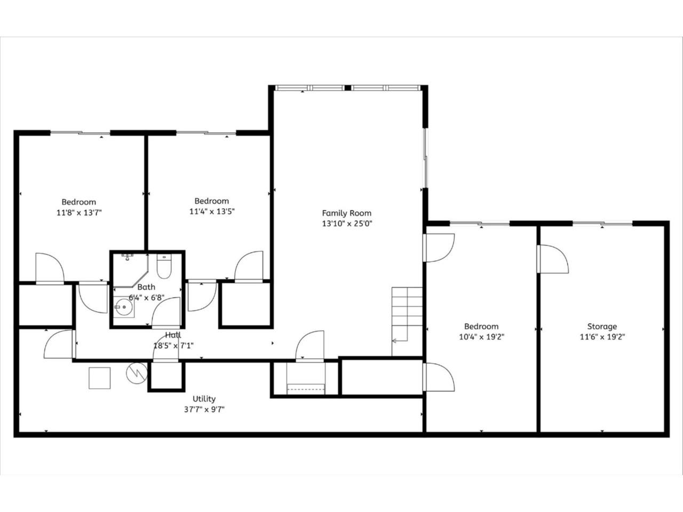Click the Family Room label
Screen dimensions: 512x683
click(346, 213)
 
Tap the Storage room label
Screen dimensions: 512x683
click(602, 326)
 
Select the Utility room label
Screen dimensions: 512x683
click(204, 399)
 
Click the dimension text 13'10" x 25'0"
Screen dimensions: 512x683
click(346, 224)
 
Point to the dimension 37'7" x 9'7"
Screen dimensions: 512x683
click(204, 410)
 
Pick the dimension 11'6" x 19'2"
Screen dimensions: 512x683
click(602, 337)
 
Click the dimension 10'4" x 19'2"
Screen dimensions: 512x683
click(481, 337)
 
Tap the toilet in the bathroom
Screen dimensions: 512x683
click(164, 265)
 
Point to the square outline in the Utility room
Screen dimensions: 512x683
click(99, 378)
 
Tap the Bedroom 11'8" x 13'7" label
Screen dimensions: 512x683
click(79, 202)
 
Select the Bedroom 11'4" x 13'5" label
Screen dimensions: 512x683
click(212, 201)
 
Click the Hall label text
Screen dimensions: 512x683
click(173, 335)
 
